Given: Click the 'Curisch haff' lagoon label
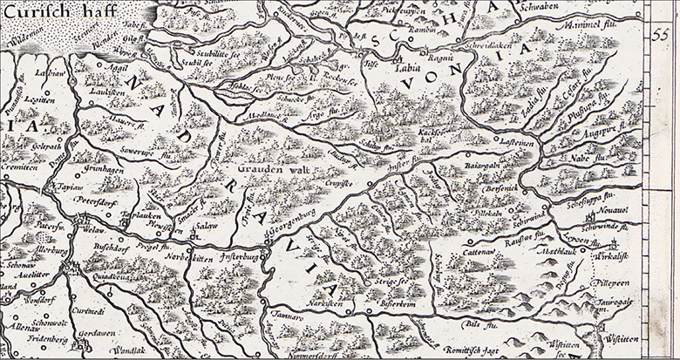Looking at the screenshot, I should point(52,13).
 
